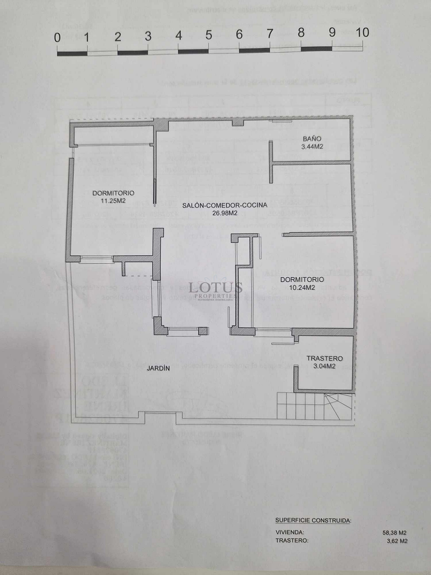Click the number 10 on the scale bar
pyautogui.click(x=362, y=33)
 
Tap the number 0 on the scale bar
pyautogui.click(x=57, y=38)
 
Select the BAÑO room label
pyautogui.click(x=312, y=139)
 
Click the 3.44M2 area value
pyautogui.click(x=312, y=147)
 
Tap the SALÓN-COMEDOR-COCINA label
pyautogui.click(x=224, y=205)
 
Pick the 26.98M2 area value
pyautogui.click(x=225, y=213)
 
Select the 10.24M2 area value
pyautogui.click(x=302, y=287)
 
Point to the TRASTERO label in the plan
pyautogui.click(x=324, y=358)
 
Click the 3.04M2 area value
pyautogui.click(x=324, y=366)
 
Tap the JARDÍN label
pyautogui.click(x=158, y=368)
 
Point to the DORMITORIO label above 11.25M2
pyautogui.click(x=113, y=193)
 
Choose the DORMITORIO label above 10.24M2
pyautogui.click(x=302, y=280)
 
